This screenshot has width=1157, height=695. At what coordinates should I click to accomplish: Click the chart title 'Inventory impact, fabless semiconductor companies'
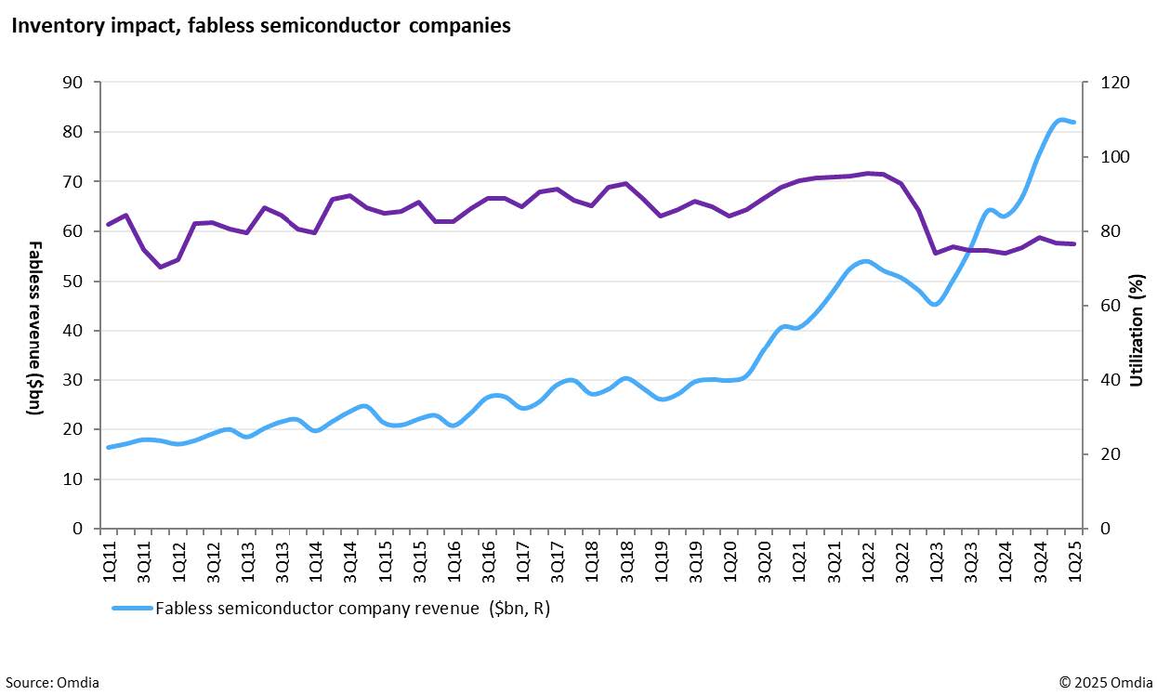[x=260, y=26]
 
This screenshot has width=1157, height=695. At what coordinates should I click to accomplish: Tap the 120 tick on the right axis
[x=1115, y=83]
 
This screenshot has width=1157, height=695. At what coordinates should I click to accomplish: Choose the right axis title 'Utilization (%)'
[x=1136, y=330]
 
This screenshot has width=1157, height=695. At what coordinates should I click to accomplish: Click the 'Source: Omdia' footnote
[x=50, y=683]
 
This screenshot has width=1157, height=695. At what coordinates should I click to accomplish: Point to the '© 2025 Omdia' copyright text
[x=1103, y=683]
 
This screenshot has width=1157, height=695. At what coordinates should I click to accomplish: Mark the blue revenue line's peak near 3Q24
[x=1060, y=120]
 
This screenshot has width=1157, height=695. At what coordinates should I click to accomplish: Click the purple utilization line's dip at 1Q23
[x=936, y=253]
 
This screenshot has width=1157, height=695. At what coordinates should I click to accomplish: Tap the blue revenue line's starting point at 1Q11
[x=109, y=447]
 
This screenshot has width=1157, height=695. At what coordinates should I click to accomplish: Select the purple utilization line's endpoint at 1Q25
[x=1074, y=244]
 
